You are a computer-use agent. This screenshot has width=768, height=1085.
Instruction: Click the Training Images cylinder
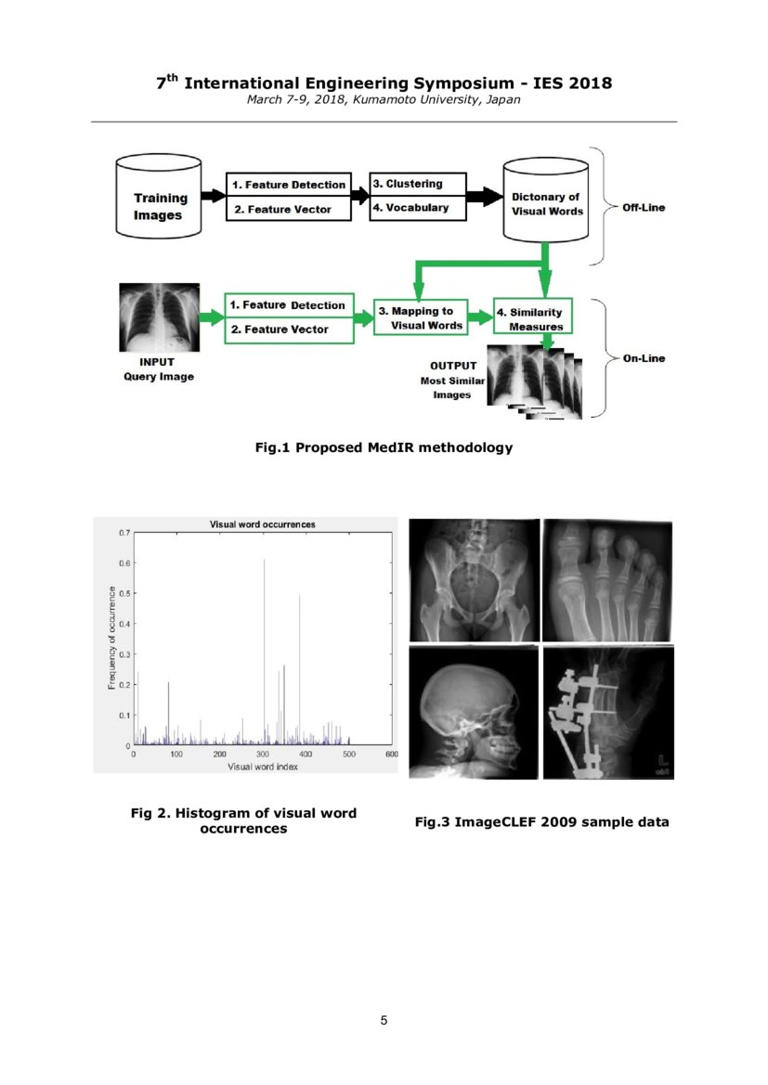coord(160,197)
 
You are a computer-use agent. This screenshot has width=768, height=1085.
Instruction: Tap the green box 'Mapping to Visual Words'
coord(420,317)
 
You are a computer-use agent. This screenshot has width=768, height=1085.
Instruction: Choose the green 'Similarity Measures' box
coord(534,318)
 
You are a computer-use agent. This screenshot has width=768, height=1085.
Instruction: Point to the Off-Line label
coord(643,207)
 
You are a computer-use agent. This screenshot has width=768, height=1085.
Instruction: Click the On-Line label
coord(644,358)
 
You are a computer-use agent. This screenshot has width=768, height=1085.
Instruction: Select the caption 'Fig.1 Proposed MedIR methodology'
coord(384,447)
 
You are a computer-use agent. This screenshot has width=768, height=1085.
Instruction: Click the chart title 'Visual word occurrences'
coord(263,524)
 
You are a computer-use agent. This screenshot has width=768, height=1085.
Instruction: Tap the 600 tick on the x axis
coord(392,755)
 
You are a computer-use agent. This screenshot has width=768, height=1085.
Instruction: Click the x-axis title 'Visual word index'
coord(264,767)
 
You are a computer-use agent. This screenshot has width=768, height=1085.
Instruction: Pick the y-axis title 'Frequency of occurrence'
coord(111,637)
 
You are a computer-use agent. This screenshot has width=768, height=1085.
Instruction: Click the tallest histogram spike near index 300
coord(265,650)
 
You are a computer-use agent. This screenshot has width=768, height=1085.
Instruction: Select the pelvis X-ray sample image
coord(474,579)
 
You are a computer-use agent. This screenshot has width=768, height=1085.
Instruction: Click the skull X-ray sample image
coord(474,713)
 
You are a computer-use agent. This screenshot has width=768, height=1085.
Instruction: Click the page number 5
coord(384,1020)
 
